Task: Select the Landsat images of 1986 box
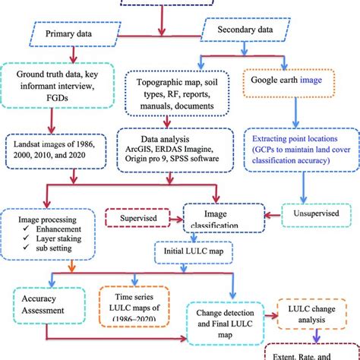58,146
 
